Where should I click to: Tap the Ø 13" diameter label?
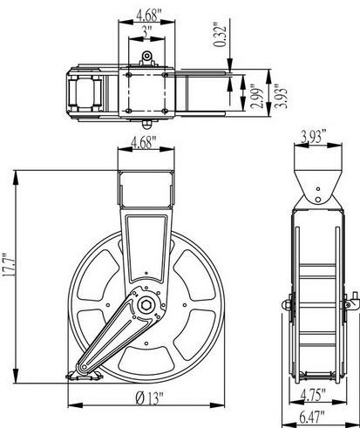[150, 397]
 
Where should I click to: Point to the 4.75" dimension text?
[312, 394]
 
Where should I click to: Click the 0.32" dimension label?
[220, 34]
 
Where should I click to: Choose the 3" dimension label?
[147, 31]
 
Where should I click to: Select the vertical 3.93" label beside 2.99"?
[282, 96]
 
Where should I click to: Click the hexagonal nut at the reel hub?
[146, 305]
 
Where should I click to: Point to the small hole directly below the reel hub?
[146, 343]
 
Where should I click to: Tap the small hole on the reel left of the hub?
[108, 305]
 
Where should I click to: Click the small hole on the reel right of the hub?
[185, 305]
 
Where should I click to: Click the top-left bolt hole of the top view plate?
[129, 75]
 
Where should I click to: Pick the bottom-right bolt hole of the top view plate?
[165, 111]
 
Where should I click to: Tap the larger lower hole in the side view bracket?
[318, 200]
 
